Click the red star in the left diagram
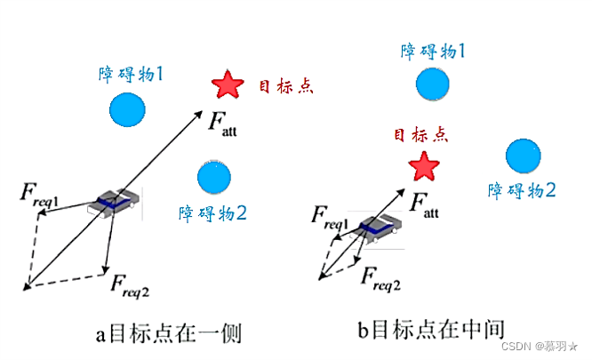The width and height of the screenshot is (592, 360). point(228,85)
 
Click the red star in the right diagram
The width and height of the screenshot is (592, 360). point(424,165)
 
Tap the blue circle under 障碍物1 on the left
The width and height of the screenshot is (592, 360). point(128,110)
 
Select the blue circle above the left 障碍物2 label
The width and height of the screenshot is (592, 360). point(213,178)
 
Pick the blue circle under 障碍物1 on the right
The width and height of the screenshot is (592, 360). point(433,84)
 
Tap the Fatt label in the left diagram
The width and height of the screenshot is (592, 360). point(222,124)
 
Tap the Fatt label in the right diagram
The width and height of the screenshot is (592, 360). point(424,207)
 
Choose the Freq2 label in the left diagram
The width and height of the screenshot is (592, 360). point(130,284)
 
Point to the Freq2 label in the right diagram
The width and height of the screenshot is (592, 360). point(380,281)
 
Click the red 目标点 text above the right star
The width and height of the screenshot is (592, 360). point(420,134)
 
